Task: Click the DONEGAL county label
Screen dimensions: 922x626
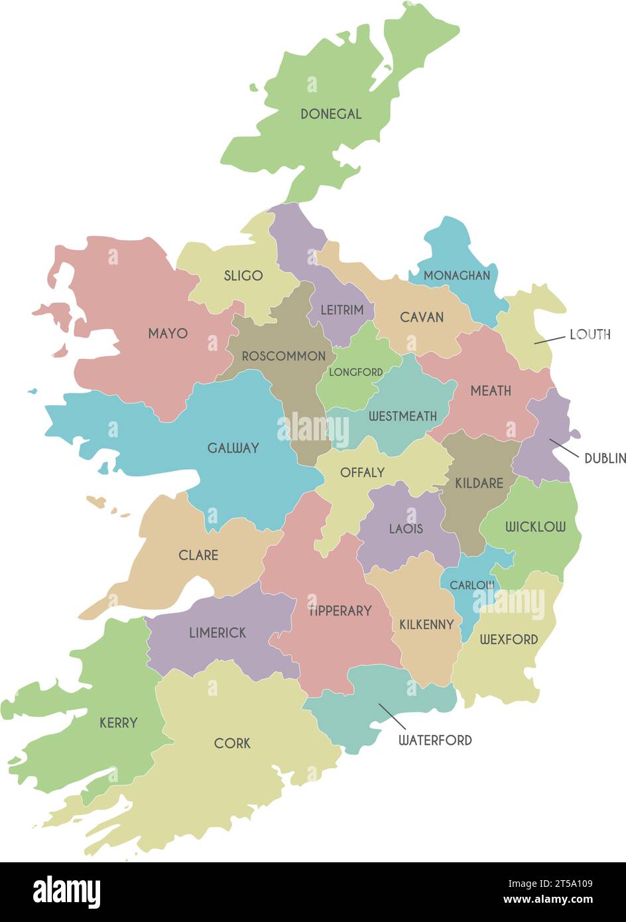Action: coord(331,114)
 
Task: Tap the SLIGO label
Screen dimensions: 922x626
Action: coord(243,275)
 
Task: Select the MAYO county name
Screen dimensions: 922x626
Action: coord(168,333)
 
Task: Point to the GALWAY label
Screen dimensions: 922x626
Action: coord(233,448)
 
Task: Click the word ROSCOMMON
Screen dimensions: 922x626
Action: coord(283,356)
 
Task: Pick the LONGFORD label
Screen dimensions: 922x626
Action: coord(356,372)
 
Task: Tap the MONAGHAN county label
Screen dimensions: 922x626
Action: coord(457,275)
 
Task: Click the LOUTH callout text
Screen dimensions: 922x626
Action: coord(590,334)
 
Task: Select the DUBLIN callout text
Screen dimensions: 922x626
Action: coord(605,458)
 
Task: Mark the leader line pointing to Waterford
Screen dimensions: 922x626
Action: coord(392,716)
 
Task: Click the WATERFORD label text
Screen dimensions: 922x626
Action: coord(435,740)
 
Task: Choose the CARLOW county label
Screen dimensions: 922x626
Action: coord(472,585)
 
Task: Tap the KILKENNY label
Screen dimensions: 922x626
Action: coord(426,624)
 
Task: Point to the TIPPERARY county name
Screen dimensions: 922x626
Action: coord(340,610)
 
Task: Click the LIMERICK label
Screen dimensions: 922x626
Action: coord(218,633)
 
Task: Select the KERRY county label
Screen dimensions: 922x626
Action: coord(119,722)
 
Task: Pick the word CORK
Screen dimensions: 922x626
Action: coord(232,743)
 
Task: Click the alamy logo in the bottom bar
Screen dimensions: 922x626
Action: coord(67,892)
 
